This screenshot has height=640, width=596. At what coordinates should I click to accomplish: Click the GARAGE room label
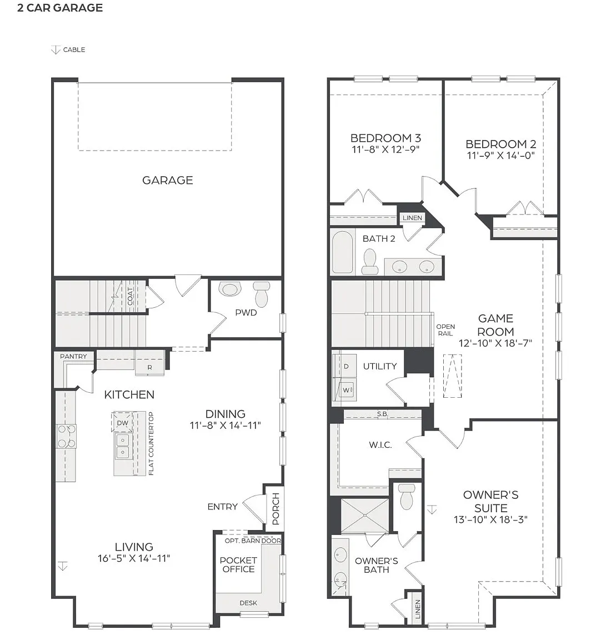point(167,180)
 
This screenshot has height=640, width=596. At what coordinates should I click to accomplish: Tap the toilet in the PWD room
point(261,294)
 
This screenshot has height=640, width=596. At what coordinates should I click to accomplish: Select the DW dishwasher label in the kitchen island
point(122,423)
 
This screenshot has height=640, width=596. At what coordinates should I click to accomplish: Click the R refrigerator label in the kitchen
point(149,367)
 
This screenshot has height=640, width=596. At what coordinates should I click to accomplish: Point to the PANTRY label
point(73,356)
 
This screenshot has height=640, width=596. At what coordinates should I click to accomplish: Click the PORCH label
point(276,509)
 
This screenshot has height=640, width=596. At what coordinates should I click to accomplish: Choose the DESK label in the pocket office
point(248,603)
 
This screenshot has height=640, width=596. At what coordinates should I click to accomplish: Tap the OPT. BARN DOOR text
point(253,541)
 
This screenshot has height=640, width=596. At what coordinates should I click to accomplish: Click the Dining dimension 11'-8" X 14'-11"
point(226,426)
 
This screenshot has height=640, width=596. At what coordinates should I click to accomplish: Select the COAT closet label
point(130,296)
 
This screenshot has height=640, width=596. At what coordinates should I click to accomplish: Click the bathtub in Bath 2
point(342,252)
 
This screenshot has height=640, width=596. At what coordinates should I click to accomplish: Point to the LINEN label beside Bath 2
point(412,218)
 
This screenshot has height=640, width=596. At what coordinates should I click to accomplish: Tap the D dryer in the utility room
point(345,366)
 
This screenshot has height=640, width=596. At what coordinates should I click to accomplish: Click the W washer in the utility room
point(346,390)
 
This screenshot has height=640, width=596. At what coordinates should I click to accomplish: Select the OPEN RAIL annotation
point(445,330)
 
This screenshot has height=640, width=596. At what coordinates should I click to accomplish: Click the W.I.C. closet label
point(380,445)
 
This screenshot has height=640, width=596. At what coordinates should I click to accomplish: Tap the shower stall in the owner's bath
point(364,516)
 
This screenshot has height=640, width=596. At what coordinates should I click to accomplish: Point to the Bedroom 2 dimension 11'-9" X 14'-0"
point(501,156)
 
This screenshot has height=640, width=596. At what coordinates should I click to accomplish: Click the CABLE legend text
point(74,50)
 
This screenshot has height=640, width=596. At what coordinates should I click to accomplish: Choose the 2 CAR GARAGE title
point(60,8)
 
